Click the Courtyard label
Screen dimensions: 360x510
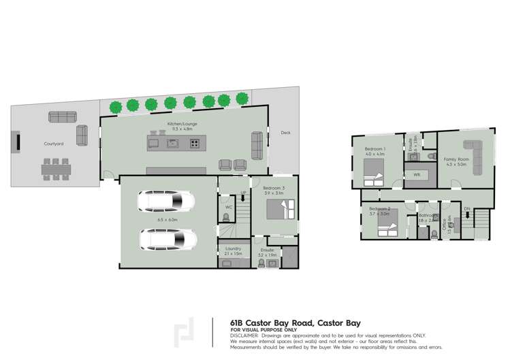coord(54,144)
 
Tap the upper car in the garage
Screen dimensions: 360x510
coord(168,201)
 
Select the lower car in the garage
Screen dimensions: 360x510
coord(168,240)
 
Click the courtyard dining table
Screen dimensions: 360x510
coord(56,168)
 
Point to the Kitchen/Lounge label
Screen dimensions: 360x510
coord(180,125)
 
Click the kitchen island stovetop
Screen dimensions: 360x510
coord(195,143)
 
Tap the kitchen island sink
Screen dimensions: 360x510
coord(173,143)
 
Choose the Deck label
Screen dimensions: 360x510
coord(285,133)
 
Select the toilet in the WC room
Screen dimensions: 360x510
coord(227,218)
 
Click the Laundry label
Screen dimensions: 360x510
coord(233,248)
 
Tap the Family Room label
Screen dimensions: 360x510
coord(457,159)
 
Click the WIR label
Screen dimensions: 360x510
coord(417,175)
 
